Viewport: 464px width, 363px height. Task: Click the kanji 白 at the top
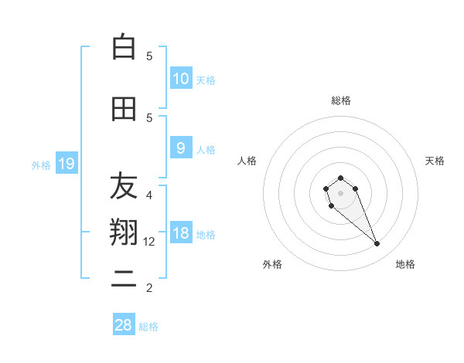pos(124,47)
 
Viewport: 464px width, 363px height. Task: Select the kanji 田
pos(124,110)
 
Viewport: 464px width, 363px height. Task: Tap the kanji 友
pos(124,185)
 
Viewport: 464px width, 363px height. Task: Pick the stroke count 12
pos(150,242)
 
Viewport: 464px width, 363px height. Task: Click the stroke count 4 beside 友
pos(149,195)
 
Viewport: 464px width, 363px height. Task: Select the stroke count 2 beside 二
pos(149,288)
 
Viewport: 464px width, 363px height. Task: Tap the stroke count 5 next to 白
pos(149,56)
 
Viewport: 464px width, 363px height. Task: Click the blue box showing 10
pos(181,78)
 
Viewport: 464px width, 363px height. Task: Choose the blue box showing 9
pos(181,148)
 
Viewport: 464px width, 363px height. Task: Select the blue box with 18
pos(181,233)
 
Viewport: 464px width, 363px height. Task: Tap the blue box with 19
pos(66,163)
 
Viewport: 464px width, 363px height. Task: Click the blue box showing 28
pos(124,325)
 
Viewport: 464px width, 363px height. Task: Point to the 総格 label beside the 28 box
pos(148,327)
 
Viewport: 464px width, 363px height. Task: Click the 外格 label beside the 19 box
pos(41,165)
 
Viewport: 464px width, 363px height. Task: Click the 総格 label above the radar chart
pos(341,100)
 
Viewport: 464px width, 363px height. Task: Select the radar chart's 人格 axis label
pos(247,161)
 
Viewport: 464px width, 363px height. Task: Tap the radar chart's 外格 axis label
pos(272,264)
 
